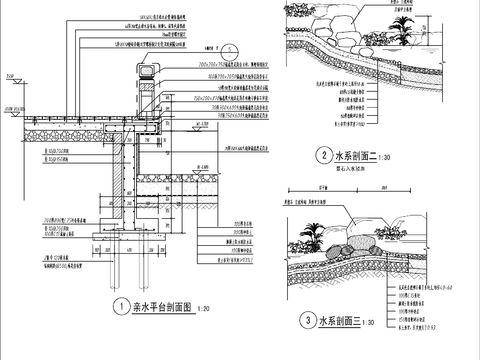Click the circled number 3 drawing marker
pos(305,322)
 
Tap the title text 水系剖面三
pos(340,322)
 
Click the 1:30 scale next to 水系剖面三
pos(368,324)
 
